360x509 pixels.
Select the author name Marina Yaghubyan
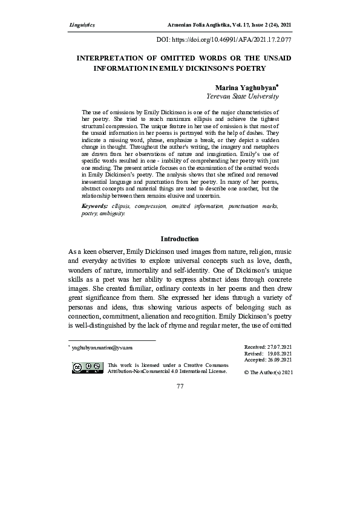pyautogui.click(x=245, y=88)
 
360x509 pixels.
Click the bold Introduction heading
pyautogui.click(x=179, y=239)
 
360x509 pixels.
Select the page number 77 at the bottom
pyautogui.click(x=180, y=386)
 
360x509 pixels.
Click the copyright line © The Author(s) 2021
pyautogui.click(x=268, y=372)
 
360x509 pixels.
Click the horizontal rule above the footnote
pyautogui.click(x=112, y=340)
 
